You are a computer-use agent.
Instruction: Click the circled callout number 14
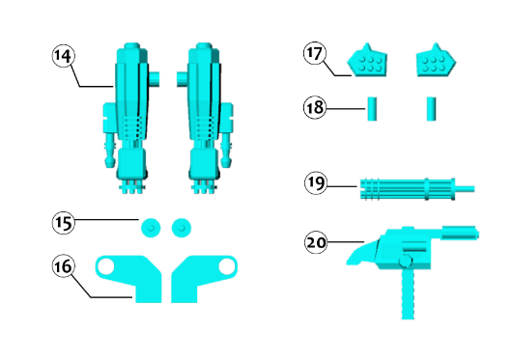63,56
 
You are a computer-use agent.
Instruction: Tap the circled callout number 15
63,223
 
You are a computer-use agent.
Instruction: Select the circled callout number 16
63,266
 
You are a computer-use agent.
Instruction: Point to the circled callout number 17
315,53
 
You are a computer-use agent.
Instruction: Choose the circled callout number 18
315,107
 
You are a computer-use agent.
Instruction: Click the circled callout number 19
316,183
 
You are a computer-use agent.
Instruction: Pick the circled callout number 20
316,242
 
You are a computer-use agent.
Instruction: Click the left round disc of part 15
151,228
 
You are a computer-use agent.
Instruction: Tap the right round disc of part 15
182,228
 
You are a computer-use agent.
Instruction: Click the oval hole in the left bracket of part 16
106,266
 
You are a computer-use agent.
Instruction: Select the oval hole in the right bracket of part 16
226,266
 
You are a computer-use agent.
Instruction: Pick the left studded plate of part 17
367,61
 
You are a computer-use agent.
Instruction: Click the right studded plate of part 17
437,61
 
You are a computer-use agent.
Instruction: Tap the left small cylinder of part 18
372,109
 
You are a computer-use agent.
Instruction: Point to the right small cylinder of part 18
431,109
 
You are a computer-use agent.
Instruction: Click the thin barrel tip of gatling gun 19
465,189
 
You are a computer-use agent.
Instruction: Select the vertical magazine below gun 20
408,292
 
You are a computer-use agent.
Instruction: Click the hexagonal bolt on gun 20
406,261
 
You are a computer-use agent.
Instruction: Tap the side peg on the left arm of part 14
155,79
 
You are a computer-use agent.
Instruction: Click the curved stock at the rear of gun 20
362,253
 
